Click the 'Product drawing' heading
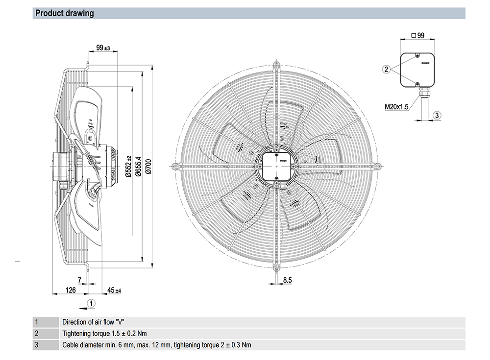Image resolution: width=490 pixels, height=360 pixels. coord(65,13)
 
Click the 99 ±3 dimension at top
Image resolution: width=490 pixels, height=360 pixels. coord(103,48)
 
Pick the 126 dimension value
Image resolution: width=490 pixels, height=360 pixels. coord(71,290)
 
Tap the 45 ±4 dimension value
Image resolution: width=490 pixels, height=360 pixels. coord(114,290)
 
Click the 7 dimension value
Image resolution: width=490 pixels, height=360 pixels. coord(79,280)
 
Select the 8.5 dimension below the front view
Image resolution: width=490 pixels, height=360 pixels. coord(288,280)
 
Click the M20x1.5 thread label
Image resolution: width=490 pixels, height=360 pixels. coord(396,105)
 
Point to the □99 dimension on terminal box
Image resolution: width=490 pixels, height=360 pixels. coord(417,35)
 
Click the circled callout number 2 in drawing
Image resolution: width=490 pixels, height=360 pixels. coord(386,70)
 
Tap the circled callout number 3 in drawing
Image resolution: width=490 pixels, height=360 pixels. coord(438,115)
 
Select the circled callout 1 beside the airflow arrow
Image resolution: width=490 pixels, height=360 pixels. coord(91,303)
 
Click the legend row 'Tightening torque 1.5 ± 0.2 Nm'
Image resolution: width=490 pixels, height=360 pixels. coord(104,334)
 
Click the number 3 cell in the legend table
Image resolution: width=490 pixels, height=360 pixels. coord(36,345)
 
